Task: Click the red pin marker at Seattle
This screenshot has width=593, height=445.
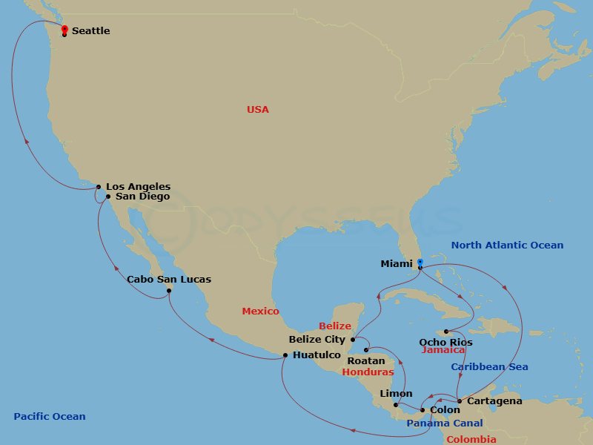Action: [x=64, y=30]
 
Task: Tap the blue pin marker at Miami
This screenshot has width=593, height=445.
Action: [x=420, y=263]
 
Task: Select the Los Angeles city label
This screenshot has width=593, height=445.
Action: [x=138, y=187]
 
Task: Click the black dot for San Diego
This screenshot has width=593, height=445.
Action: [x=108, y=197]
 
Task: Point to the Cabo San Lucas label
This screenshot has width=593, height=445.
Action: [x=169, y=280]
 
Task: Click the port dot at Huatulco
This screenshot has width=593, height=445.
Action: [x=285, y=355]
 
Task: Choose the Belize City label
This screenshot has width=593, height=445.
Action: [x=317, y=340]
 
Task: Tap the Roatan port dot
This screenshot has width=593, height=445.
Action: [x=366, y=349]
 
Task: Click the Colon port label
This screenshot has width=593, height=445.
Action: [x=445, y=409]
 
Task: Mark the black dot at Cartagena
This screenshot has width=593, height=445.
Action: [x=460, y=401]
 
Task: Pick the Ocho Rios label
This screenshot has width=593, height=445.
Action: [x=445, y=342]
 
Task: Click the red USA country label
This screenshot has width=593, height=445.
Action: [x=258, y=110]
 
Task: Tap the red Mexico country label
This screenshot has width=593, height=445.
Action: [x=260, y=311]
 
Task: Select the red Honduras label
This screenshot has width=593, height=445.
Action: [x=368, y=372]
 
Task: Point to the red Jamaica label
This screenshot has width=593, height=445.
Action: [x=443, y=350]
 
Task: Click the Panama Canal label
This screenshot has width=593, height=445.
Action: [x=445, y=423]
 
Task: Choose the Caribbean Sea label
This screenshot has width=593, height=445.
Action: [x=490, y=367]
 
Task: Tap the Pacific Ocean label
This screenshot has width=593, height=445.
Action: [x=50, y=417]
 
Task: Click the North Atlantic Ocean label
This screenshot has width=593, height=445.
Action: [x=507, y=245]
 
